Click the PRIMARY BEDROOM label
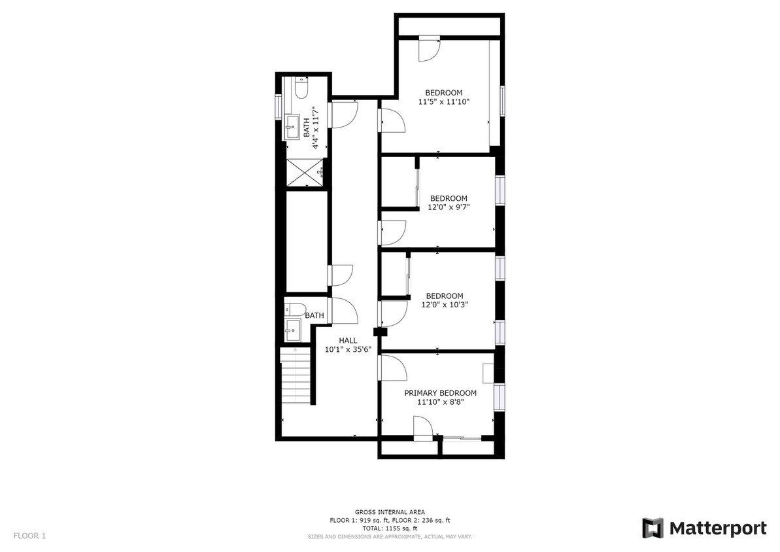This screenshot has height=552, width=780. tap(440, 393)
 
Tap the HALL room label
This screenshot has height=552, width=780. tap(348, 340)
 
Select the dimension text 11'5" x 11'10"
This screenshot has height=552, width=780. tap(444, 101)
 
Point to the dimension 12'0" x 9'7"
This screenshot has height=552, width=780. tap(448, 207)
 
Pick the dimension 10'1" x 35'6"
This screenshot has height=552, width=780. tap(348, 349)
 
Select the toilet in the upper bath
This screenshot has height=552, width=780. tap(301, 88)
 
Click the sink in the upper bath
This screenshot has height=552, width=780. tap(292, 127)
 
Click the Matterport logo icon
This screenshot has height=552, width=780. tap(653, 528)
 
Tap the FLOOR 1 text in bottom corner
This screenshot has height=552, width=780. tap(29, 536)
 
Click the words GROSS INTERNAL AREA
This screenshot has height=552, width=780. tap(390, 512)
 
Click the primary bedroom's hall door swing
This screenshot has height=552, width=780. tap(392, 368)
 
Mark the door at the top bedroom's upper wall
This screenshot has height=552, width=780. tap(430, 48)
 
